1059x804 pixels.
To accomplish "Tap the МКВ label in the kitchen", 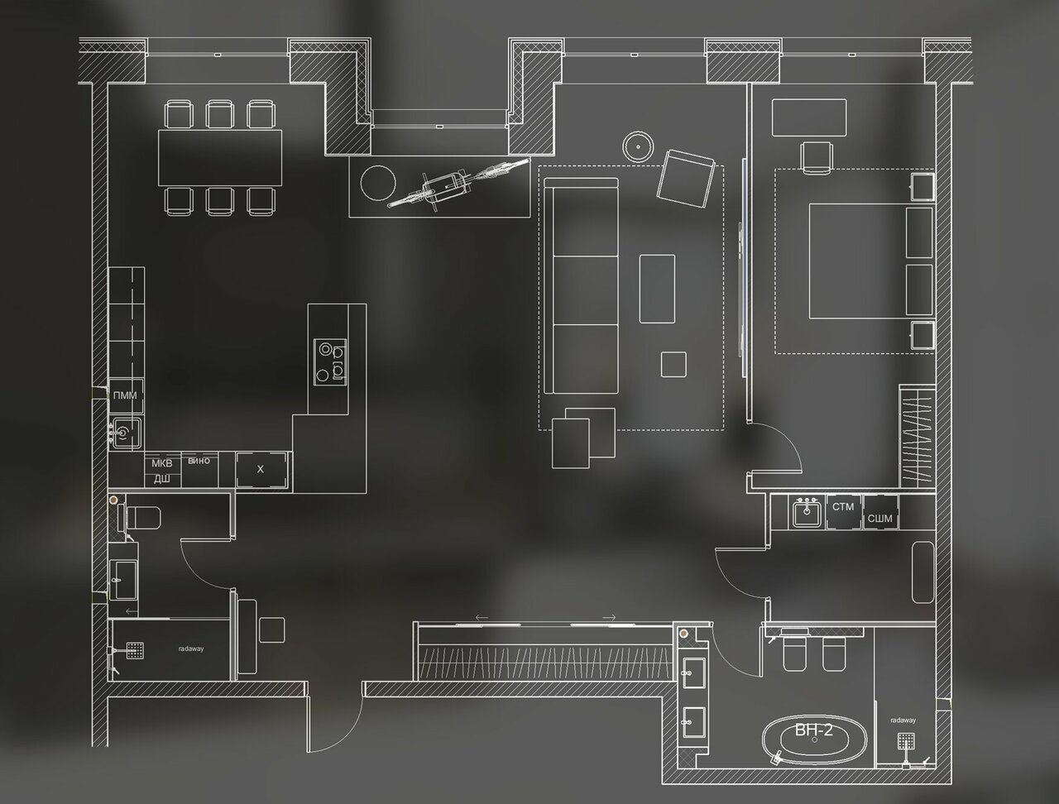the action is coord(161,465).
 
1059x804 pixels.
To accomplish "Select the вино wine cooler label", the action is coord(199,461).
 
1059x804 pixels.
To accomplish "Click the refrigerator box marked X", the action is coord(261,469).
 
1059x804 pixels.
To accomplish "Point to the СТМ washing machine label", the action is coord(842,506).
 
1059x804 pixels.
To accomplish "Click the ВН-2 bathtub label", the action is coord(814,730).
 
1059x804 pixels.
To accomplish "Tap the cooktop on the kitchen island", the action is coord(329,361).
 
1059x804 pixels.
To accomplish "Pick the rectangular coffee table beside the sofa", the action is coord(657,288).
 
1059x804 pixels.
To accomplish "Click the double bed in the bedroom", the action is coord(856,261).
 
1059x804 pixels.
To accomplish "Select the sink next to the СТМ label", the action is coord(806,514).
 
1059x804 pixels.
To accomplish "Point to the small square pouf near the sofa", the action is coord(673,364).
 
